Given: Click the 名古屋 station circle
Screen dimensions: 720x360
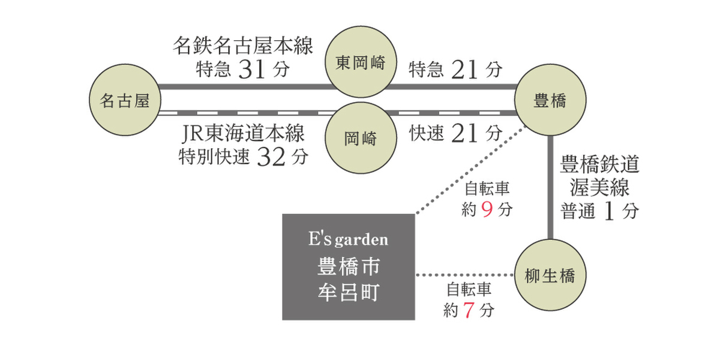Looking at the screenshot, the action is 125,100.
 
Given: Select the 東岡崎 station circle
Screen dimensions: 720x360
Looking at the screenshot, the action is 361,62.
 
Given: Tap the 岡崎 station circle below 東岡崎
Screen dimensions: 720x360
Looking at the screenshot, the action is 361,138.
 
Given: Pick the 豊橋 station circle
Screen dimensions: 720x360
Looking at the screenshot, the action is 550,100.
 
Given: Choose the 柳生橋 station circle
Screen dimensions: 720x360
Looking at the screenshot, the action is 550,275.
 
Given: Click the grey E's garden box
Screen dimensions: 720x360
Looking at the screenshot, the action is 349,267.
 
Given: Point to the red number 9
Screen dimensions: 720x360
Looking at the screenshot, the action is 487,209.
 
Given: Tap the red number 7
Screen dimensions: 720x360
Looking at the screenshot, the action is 469,310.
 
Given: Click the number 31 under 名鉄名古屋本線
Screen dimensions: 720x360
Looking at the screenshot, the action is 251,70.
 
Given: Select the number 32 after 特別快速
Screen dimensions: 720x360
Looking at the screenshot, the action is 271,157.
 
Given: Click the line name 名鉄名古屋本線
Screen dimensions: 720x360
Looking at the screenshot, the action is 243,46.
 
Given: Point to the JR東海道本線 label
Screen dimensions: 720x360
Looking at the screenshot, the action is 243,133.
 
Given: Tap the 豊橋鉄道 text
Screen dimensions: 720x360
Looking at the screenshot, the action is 599,164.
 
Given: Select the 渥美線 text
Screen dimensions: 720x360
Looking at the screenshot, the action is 599,187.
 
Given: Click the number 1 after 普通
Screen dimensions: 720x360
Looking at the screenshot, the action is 609,211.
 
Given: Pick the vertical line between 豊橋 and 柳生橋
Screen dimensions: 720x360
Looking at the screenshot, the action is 550,188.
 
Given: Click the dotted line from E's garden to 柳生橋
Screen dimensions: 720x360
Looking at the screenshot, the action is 465,275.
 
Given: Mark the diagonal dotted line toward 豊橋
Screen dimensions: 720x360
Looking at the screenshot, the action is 472,169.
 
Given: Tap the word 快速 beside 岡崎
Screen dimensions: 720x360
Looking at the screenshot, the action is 427,133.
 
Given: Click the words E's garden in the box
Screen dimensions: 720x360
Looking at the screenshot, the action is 349,239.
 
